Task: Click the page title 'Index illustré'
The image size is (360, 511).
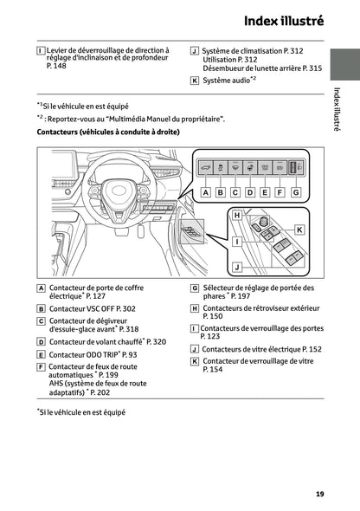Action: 284,21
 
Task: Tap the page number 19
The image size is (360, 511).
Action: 319,494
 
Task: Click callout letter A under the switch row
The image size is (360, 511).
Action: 205,192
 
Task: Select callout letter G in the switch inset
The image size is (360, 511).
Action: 296,192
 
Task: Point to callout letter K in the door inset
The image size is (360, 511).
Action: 299,230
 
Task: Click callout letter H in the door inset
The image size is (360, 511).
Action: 237,215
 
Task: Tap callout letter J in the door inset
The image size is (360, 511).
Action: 237,268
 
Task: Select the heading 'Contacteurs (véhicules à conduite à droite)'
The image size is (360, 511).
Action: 108,132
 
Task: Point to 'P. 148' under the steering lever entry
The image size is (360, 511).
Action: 56,66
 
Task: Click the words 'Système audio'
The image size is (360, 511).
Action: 226,81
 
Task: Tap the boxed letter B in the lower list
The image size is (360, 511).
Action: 41,309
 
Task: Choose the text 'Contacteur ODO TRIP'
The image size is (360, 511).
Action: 83,354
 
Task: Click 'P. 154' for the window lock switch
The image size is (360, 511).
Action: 213,369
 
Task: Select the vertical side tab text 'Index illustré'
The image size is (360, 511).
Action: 337,109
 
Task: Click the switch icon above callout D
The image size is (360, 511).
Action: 250,168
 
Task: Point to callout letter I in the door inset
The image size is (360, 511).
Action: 237,242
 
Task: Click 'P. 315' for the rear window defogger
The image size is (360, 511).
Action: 312,68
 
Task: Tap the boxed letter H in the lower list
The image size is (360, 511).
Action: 195,308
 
